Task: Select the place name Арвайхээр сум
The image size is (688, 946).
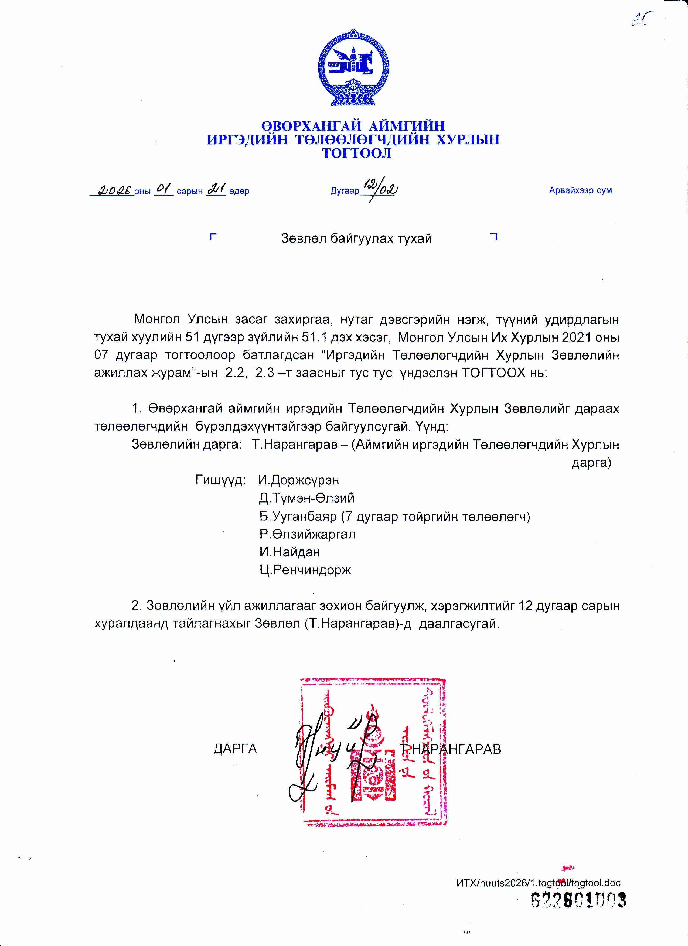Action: click(x=580, y=190)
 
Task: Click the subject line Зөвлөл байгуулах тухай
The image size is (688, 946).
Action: click(x=356, y=238)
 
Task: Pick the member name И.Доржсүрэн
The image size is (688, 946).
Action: click(x=299, y=480)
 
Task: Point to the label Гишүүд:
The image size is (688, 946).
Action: click(x=220, y=480)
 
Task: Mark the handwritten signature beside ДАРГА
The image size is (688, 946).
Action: click(x=330, y=751)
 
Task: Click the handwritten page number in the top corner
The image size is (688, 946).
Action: click(x=642, y=19)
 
